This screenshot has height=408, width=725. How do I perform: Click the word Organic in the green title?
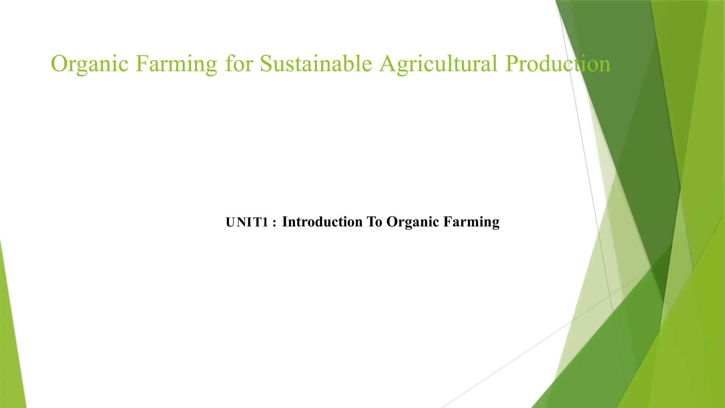[x=90, y=64]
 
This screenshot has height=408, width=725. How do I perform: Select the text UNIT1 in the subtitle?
[x=247, y=222]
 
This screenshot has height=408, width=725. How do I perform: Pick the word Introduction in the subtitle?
[x=322, y=222]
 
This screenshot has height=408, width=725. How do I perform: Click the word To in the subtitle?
[x=374, y=222]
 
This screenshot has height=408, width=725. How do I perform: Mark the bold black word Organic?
[x=413, y=222]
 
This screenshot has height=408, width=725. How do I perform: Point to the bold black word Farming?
[x=471, y=222]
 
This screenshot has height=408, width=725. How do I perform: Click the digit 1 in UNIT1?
[x=265, y=222]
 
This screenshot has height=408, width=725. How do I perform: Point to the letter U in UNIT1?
[x=230, y=222]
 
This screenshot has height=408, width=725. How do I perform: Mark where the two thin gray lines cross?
[x=610, y=295]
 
